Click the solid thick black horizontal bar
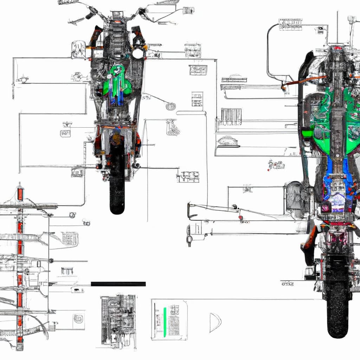point(118,284)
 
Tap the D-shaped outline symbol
point(214,322)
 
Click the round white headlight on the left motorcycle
point(137,53)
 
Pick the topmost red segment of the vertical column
point(20,194)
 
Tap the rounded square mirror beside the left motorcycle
point(78,49)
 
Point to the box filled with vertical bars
point(231,116)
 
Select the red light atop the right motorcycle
point(338,48)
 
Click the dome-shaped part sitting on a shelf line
point(228,141)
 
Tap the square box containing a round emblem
point(78,319)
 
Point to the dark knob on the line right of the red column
point(51,261)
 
